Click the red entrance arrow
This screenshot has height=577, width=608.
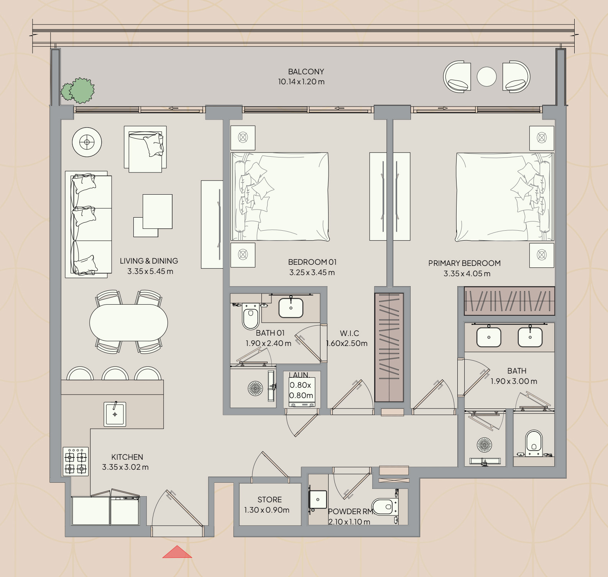(177, 552)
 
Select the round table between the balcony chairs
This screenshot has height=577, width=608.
(486, 77)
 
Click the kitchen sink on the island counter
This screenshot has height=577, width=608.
(115, 414)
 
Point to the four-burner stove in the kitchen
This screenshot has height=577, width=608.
(76, 461)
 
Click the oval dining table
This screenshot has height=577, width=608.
(128, 323)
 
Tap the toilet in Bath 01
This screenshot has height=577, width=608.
(251, 316)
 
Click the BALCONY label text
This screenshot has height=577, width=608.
(306, 72)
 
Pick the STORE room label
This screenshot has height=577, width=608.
(269, 500)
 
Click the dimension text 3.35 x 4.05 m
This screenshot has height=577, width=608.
(467, 274)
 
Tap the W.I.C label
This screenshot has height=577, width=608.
(349, 333)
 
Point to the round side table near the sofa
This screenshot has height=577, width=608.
(87, 142)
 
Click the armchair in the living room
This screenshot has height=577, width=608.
(145, 149)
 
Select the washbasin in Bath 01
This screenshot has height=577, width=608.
(291, 307)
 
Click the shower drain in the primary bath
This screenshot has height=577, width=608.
(484, 445)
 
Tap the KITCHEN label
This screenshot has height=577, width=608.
(127, 457)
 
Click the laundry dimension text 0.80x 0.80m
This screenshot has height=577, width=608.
(301, 390)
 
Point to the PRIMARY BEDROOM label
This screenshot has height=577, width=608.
(464, 263)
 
